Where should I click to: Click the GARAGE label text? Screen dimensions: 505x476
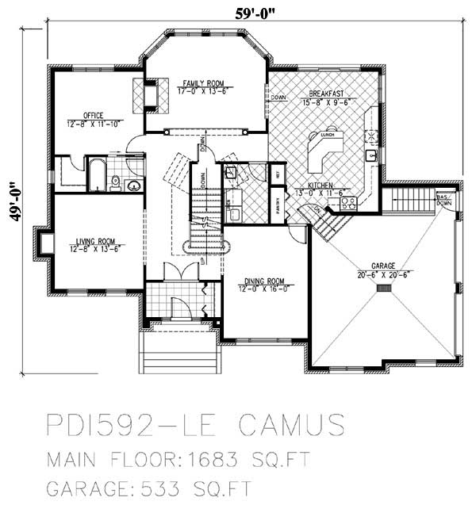tap(384, 270)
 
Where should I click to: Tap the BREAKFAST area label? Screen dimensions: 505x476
tap(327, 95)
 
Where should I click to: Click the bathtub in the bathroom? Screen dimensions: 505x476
tap(94, 174)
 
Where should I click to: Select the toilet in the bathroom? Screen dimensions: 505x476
tap(116, 183)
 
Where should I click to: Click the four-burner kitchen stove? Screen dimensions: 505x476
tap(349, 203)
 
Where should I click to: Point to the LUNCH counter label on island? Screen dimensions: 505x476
tap(326, 136)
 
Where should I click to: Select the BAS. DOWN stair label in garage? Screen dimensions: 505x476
tap(443, 200)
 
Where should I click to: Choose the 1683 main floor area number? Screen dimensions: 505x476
tap(229, 460)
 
